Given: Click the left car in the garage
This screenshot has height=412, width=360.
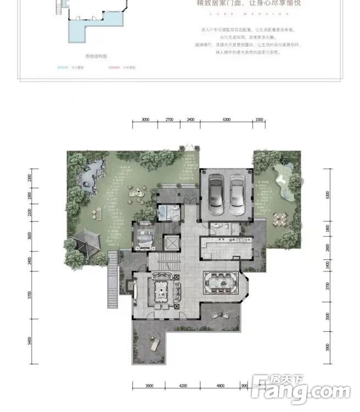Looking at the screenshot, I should point(215,196).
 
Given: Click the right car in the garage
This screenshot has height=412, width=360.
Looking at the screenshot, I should point(237,196).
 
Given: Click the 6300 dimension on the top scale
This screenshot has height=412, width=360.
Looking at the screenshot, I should point(226,119).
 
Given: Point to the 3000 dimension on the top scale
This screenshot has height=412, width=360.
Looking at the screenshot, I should point(145,119).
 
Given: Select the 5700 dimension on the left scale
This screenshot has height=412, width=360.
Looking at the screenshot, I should point(30,297).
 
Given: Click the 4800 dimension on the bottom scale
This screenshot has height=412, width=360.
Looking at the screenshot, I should point(220,385).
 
